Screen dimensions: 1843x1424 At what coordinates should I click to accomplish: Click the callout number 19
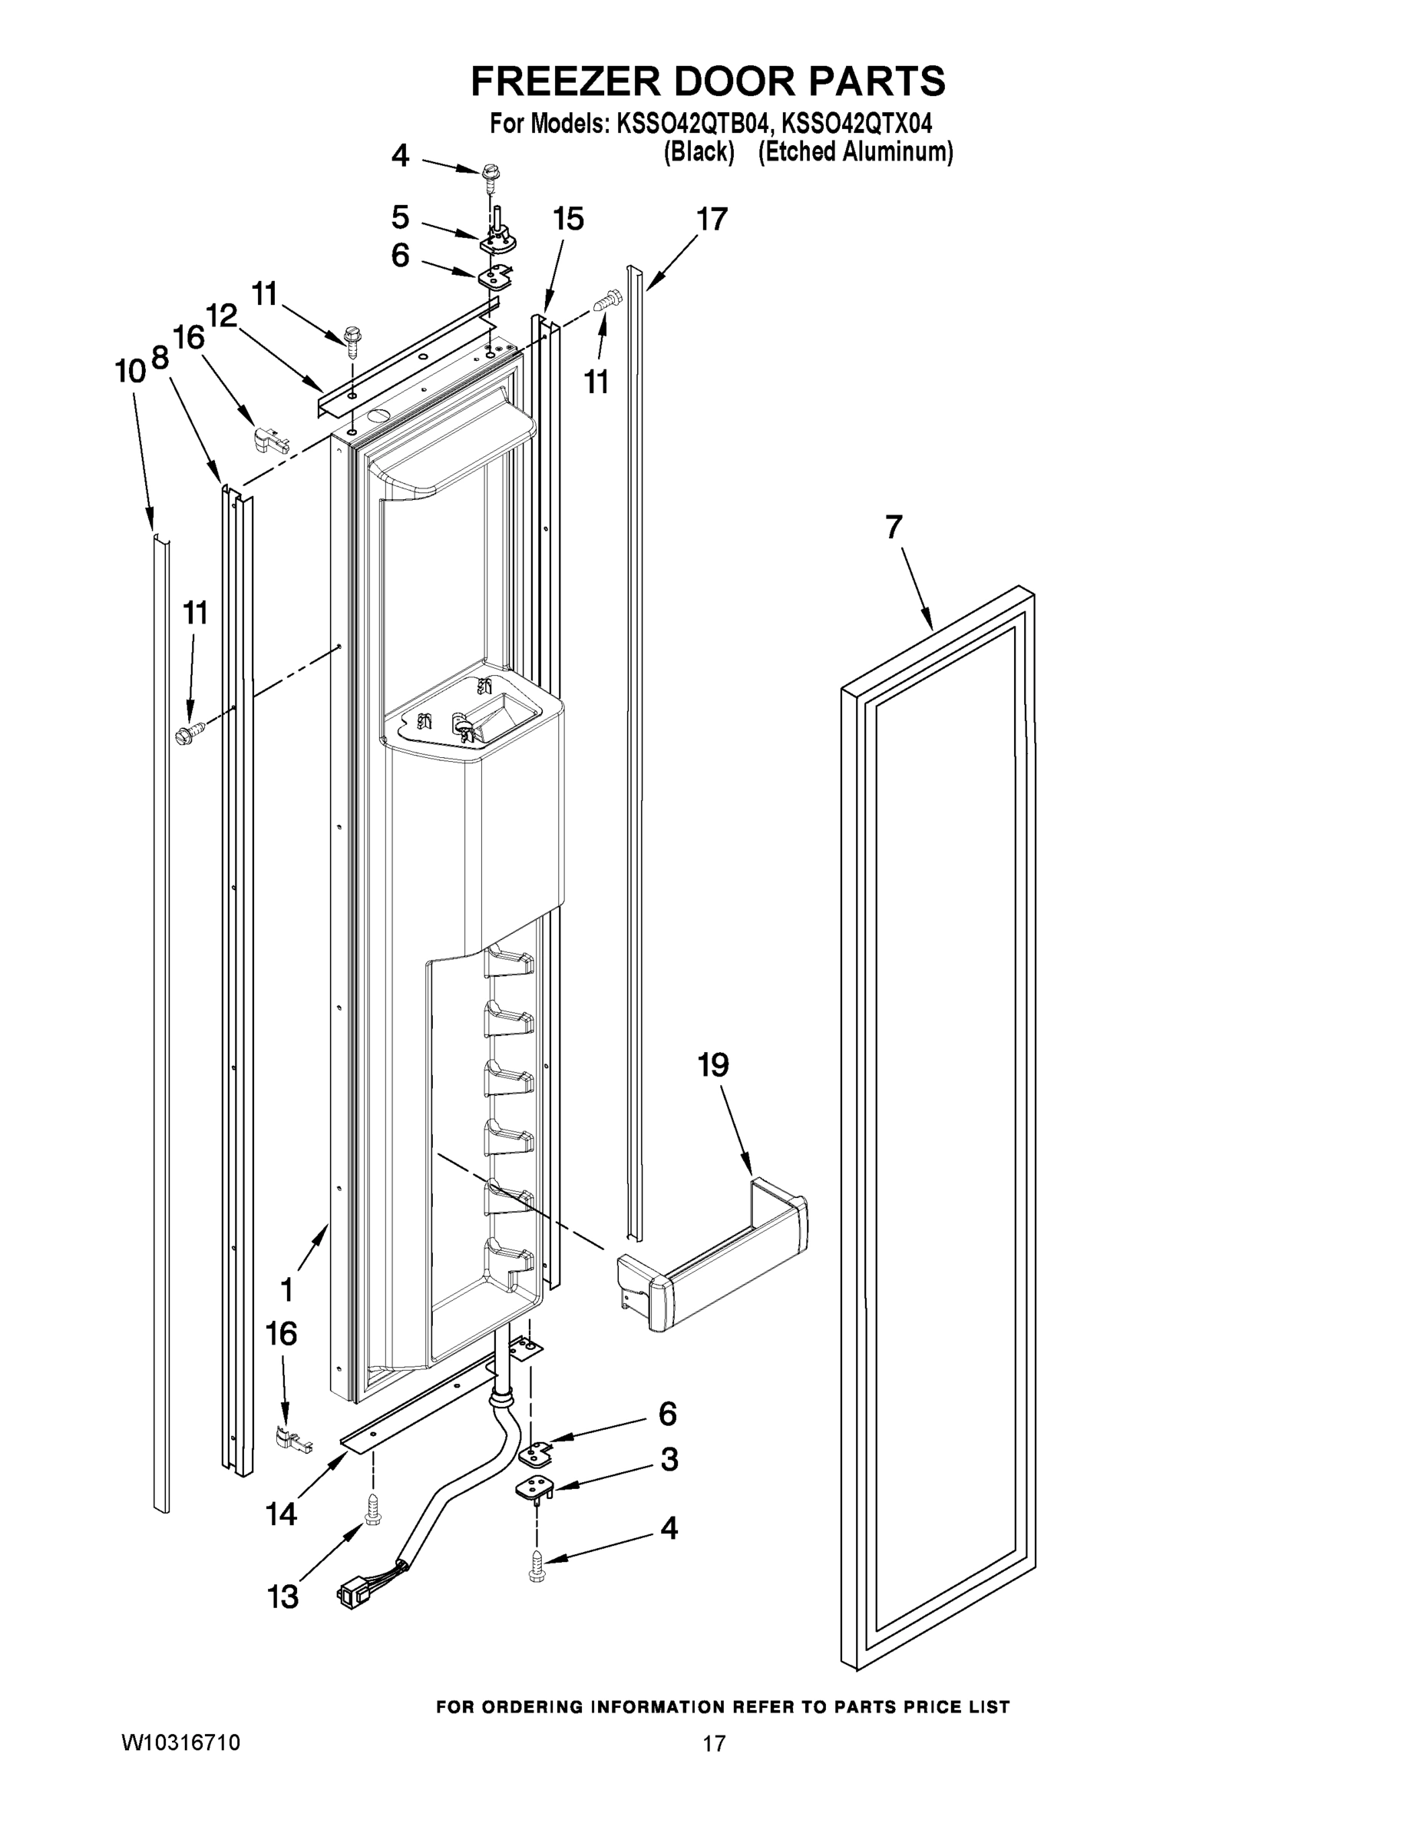coord(713,1065)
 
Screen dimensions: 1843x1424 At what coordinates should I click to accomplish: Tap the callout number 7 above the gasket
coord(894,528)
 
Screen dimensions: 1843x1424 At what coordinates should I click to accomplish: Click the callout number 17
coord(711,220)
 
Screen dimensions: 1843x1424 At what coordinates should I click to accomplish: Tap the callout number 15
coord(568,220)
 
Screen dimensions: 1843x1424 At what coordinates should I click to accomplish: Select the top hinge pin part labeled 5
coord(498,239)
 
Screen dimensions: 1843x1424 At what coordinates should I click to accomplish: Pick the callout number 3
coord(669,1459)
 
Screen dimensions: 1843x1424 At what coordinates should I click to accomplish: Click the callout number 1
coord(286,1290)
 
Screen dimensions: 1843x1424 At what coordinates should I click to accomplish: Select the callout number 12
coord(222,316)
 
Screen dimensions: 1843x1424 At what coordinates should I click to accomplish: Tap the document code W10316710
coord(180,1742)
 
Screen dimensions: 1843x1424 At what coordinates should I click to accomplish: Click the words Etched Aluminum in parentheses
coord(855,152)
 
